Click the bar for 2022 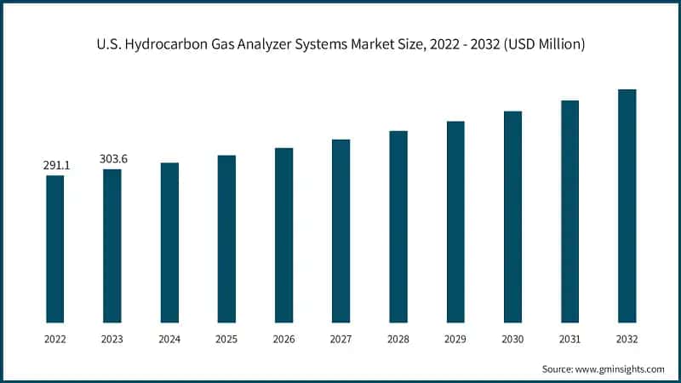click(x=55, y=249)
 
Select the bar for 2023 click(x=112, y=246)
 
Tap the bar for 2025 click(x=226, y=238)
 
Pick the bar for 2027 click(x=340, y=231)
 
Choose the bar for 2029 click(x=455, y=221)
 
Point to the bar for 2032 click(x=627, y=206)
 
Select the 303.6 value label click(x=112, y=159)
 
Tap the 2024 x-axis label click(x=169, y=338)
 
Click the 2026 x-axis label click(x=283, y=338)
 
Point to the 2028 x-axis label click(x=398, y=338)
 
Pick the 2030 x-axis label click(x=512, y=338)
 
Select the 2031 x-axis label click(x=569, y=338)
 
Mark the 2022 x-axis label click(x=55, y=338)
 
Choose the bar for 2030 click(x=512, y=216)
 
